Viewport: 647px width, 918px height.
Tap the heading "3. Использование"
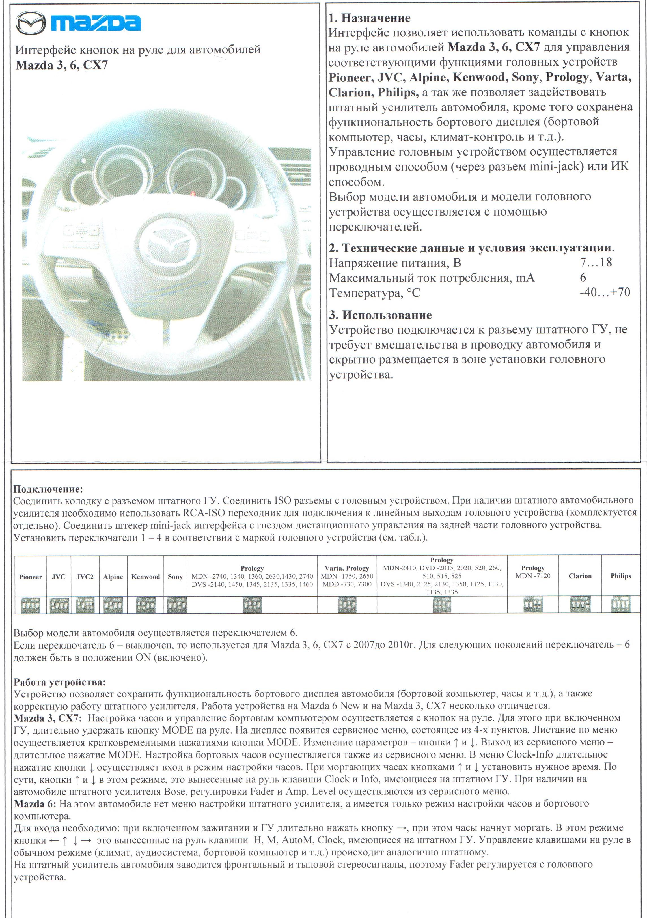point(380,315)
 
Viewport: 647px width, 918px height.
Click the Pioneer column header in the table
point(30,577)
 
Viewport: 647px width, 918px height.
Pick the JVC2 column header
point(85,577)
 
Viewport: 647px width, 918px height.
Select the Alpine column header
point(113,577)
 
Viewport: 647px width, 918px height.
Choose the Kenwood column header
point(145,577)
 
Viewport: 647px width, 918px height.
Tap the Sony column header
point(175,577)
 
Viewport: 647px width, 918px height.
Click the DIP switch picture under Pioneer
point(30,605)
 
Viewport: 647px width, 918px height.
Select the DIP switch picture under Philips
point(621,605)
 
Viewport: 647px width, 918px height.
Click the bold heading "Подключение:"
point(48,489)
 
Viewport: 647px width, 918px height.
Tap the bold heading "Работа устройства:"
point(60,682)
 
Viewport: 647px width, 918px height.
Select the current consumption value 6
point(583,278)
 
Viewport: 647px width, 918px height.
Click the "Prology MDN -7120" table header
point(533,572)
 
